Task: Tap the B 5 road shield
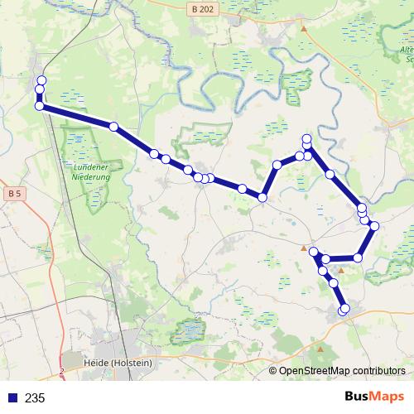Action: [12, 194]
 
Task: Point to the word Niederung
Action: [90, 176]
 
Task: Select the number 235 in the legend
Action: [36, 398]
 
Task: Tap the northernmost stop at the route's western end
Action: [41, 80]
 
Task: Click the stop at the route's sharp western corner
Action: [39, 106]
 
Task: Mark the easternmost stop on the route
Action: [374, 226]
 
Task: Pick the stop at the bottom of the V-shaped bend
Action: [262, 197]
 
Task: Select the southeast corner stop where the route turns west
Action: [358, 258]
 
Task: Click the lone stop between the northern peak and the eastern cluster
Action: [330, 174]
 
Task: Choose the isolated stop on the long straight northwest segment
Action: [113, 127]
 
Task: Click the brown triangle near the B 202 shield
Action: [304, 29]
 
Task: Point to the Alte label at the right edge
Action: [406, 50]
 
